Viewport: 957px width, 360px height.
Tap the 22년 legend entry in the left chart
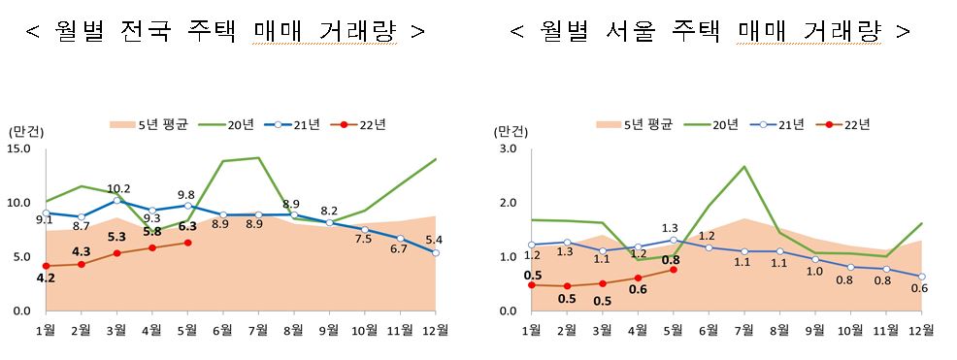tap(359, 124)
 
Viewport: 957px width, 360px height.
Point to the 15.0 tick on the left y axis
tap(19, 148)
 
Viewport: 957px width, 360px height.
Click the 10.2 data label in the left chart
tap(118, 188)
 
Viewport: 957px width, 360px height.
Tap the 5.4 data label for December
tap(434, 239)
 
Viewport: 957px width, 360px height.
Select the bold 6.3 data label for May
tap(187, 227)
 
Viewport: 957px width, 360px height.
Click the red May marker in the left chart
tap(187, 243)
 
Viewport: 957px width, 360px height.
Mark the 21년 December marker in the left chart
tap(436, 252)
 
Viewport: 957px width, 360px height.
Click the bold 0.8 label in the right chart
tap(671, 259)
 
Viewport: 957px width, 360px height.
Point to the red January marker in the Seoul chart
tap(532, 284)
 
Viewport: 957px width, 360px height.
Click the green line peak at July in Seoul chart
tap(742, 167)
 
